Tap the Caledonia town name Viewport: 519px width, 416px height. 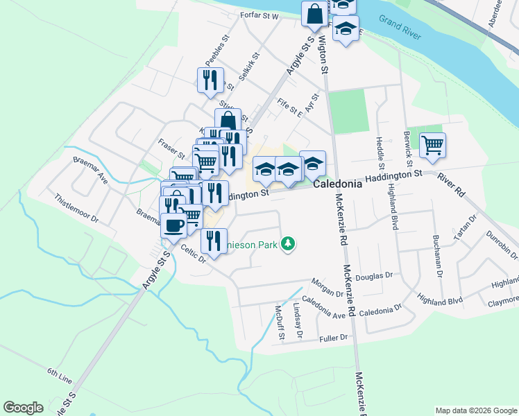click(337, 185)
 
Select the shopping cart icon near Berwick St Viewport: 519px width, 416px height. click(433, 145)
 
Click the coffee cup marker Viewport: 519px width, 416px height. click(173, 225)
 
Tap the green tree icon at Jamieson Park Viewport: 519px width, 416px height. click(290, 244)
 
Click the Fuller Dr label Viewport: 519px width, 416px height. click(333, 337)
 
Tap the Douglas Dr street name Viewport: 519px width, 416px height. click(369, 277)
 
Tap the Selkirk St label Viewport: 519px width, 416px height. click(248, 67)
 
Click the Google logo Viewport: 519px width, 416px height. click(23, 408)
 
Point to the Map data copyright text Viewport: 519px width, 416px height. click(476, 410)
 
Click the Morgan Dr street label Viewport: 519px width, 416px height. click(327, 288)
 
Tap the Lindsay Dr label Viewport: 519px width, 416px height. click(298, 320)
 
